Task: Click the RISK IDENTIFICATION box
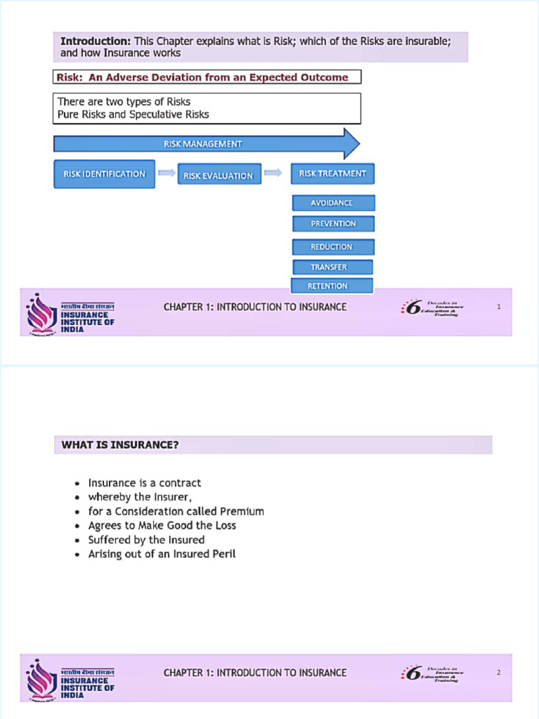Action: tap(105, 174)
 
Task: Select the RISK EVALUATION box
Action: tap(219, 175)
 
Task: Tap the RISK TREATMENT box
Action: tap(332, 173)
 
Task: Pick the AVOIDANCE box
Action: tap(333, 203)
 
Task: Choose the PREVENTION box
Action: tap(333, 224)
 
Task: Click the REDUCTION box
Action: tap(333, 247)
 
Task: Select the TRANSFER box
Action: tap(331, 267)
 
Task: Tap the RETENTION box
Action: tap(331, 286)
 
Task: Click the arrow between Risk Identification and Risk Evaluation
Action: tap(166, 173)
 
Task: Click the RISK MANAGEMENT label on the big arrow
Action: tap(203, 144)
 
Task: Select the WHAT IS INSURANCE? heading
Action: tap(120, 444)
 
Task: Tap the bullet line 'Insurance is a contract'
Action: tap(145, 483)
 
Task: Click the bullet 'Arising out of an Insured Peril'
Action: tap(161, 554)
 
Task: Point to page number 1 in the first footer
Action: tap(498, 307)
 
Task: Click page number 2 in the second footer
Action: tap(498, 673)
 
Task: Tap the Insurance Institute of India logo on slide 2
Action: tap(69, 679)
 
